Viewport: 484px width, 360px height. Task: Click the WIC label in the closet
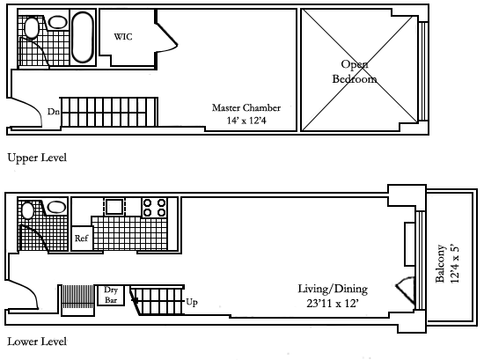tap(123, 37)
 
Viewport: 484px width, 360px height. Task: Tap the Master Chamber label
tap(246, 107)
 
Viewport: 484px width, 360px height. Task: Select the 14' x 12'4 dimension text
tap(246, 121)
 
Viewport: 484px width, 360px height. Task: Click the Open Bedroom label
tap(355, 71)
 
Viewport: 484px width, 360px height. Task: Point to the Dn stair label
tap(54, 112)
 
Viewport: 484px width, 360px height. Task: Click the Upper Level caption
tap(37, 158)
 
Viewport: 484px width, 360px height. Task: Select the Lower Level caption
tap(37, 342)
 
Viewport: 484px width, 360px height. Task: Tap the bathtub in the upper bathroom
tap(83, 37)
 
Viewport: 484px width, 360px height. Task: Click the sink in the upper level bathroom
tap(58, 22)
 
